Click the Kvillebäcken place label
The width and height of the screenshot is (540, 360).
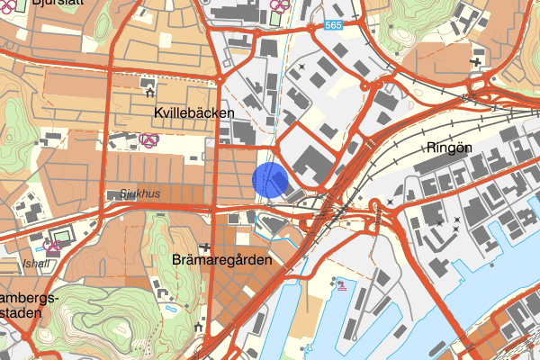193,112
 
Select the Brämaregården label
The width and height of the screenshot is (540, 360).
220,258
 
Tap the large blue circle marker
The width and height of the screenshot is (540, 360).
270,179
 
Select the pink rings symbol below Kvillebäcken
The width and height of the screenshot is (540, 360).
148,139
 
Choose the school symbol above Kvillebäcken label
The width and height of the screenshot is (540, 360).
148,87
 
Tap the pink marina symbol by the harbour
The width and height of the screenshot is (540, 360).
341,285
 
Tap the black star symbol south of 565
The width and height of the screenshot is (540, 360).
303,66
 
